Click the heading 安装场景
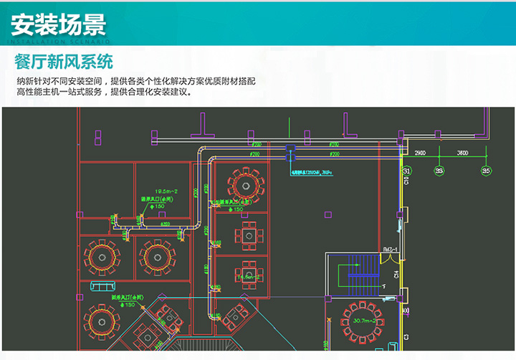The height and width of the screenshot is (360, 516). (x=59, y=24)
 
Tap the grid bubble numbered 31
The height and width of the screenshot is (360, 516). (x=406, y=171)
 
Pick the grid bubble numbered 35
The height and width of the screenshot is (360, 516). (x=486, y=171)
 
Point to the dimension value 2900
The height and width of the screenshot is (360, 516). (x=421, y=153)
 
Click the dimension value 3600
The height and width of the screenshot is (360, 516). (x=462, y=153)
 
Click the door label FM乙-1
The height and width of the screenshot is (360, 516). (x=390, y=249)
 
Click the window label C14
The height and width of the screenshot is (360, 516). (x=396, y=274)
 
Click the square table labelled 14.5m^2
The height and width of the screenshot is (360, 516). (x=248, y=275)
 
